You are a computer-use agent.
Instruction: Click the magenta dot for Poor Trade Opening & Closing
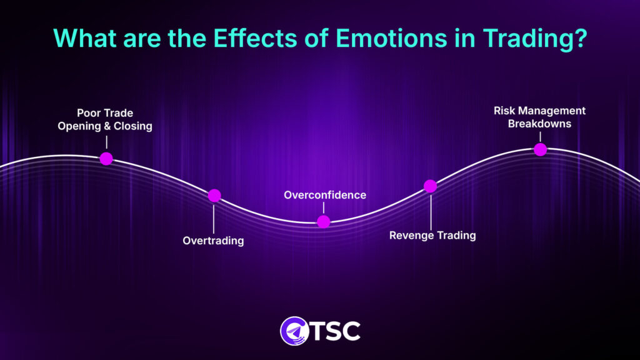[x=106, y=158]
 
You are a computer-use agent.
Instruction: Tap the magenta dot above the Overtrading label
[x=214, y=196]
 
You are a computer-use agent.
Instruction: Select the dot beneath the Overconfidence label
[x=323, y=221]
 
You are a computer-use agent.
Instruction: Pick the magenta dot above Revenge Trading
[x=430, y=186]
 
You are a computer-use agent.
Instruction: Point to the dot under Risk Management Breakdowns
[x=540, y=149]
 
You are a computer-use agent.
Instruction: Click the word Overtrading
[x=213, y=241]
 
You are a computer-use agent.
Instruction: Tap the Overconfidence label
[x=325, y=195]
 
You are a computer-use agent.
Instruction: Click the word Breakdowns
[x=539, y=124]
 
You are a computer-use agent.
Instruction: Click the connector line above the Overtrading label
[x=214, y=217]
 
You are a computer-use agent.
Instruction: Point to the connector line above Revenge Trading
[x=431, y=211]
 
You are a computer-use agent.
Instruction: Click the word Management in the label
[x=552, y=111]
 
